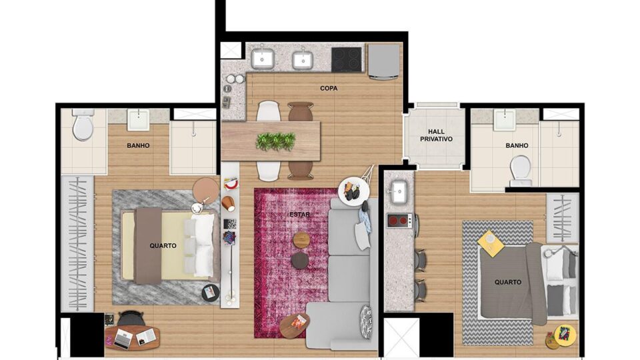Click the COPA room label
coord(329,88)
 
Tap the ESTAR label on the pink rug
coord(299,214)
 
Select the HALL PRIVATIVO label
coord(436,135)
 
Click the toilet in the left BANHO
coord(83,125)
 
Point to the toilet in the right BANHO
coord(521,171)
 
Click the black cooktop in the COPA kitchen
coord(347,59)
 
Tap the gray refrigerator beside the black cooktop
coord(384,61)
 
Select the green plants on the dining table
coord(275,141)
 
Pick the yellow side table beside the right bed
coord(491,243)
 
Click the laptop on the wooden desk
coord(123,339)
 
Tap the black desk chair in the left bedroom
coord(131,319)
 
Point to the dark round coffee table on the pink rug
coord(300,260)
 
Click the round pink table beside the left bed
coord(206,190)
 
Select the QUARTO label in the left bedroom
coord(163,246)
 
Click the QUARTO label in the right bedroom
coord(508,282)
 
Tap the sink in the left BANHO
coord(139,119)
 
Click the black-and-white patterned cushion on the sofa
coord(366,322)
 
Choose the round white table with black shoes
coord(354,191)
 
